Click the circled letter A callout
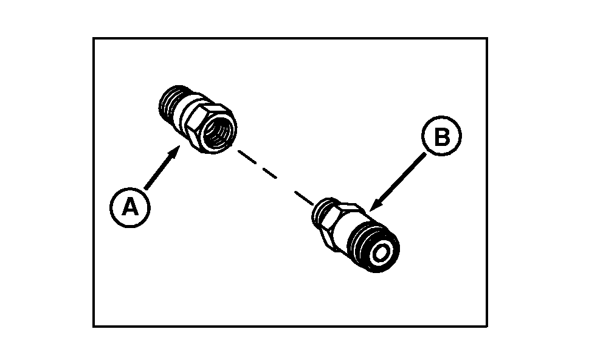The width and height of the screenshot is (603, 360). click(x=129, y=208)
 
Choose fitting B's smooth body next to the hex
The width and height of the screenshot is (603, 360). click(x=357, y=234)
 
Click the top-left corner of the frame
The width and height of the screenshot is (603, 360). click(x=94, y=38)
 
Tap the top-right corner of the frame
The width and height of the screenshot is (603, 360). click(x=486, y=38)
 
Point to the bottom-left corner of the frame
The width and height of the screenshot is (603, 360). click(x=94, y=327)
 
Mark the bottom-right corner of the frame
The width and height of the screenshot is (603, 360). click(x=486, y=327)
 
